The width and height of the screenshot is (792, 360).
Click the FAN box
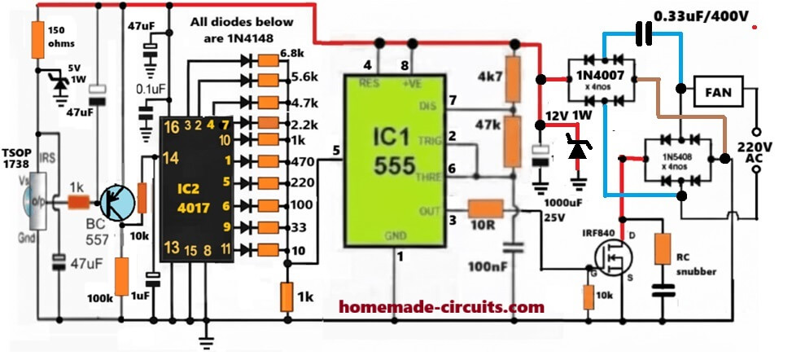coord(716,92)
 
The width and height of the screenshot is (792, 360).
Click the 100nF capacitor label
coord(488,266)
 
